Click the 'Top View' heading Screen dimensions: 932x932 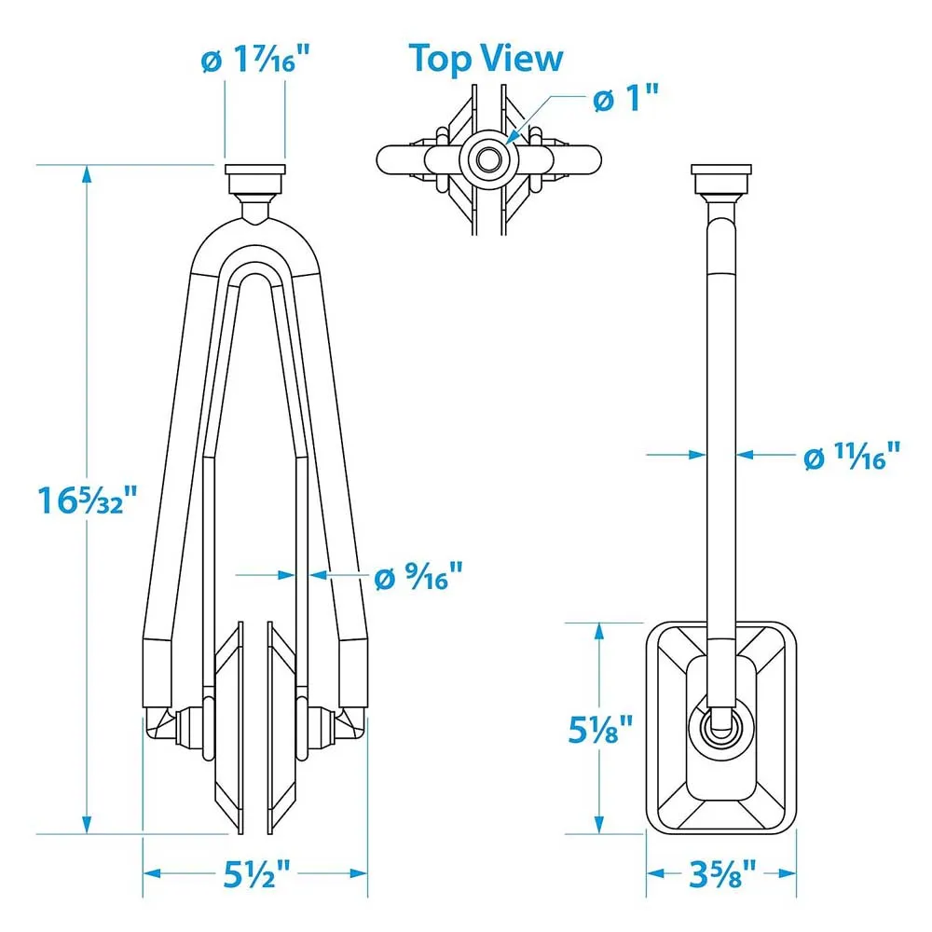coord(486,59)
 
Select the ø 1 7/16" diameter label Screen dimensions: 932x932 coord(255,59)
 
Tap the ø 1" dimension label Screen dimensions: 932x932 coord(626,98)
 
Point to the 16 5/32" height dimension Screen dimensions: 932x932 coord(88,500)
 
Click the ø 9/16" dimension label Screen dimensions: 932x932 coord(418,576)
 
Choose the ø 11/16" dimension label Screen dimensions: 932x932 coord(852,456)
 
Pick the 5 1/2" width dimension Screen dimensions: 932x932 coord(257,874)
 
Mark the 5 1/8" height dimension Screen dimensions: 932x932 coord(600,729)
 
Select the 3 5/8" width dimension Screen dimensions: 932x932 coord(722,874)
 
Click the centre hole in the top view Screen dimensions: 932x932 coord(488,159)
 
